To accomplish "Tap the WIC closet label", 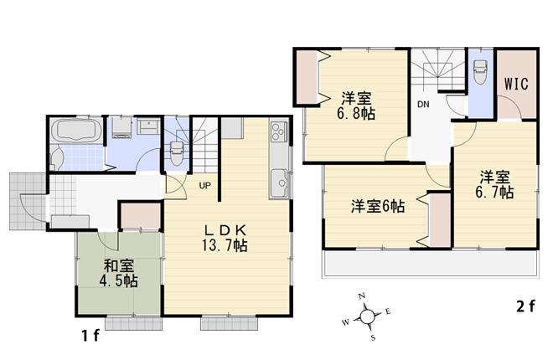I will (x=515, y=85).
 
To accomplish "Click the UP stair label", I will (x=204, y=185).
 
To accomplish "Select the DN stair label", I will (x=425, y=105).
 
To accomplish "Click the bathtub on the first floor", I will (x=76, y=131).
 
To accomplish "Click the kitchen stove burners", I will (x=278, y=132).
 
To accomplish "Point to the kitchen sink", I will (x=278, y=179).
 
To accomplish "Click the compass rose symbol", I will (x=367, y=317).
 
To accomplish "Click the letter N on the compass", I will (x=362, y=297).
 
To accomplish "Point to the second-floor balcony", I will (x=427, y=265).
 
